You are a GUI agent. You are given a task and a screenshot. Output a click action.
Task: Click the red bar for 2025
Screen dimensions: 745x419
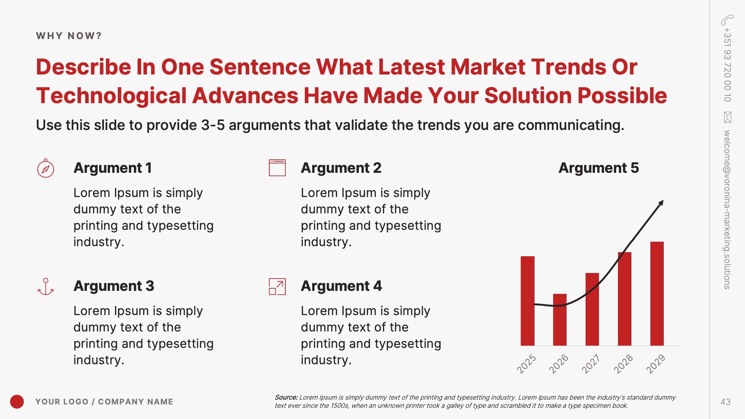527,301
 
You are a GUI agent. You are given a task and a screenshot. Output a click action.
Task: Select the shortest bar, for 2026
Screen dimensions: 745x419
560,320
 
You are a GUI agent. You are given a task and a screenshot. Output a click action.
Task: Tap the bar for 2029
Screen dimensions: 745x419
657,293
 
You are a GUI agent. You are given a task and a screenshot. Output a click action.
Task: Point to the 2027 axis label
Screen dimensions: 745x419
591,364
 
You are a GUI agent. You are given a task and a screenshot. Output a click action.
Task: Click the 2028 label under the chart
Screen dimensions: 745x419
623,364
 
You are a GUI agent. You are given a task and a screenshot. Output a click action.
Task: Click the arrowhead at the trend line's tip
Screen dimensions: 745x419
661,203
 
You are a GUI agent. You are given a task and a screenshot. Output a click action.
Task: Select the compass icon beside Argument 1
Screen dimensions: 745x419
45,168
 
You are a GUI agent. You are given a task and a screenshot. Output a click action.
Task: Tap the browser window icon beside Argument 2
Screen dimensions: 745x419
277,168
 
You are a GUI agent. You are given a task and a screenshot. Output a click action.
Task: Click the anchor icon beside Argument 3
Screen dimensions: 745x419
45,286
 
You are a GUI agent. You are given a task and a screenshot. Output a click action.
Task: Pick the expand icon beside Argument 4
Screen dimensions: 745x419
277,286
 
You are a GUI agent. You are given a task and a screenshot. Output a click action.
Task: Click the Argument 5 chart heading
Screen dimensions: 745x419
599,168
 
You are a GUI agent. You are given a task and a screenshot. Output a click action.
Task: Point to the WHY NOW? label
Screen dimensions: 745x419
69,36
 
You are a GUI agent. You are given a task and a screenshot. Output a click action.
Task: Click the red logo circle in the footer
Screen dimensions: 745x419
17,401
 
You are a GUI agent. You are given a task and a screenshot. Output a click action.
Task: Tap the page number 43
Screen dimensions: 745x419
725,402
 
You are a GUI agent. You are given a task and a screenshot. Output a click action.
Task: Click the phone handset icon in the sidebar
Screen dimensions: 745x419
727,20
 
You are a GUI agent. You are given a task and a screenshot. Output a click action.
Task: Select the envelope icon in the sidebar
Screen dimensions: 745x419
727,117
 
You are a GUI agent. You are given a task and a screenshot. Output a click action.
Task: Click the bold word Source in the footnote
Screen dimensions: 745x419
286,397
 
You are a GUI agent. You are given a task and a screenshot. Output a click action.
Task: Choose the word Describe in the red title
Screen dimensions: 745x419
83,67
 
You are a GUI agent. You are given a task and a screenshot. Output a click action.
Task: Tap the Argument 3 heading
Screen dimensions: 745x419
114,286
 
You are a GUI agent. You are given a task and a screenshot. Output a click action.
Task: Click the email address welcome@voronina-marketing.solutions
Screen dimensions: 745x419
727,209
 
